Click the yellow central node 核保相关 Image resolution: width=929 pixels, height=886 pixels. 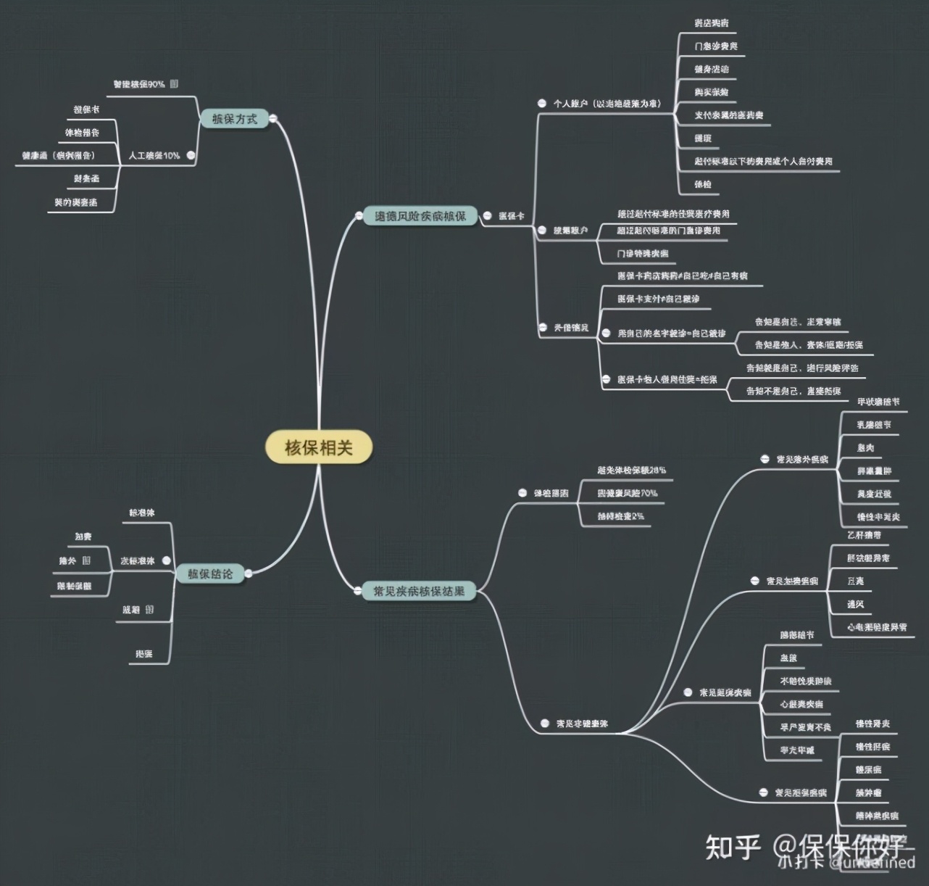[x=319, y=448]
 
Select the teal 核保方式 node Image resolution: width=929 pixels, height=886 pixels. [x=233, y=119]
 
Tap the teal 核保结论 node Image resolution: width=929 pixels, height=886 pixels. [x=210, y=574]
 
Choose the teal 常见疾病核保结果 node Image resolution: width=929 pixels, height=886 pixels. [x=418, y=591]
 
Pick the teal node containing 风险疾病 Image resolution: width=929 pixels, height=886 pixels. [x=420, y=216]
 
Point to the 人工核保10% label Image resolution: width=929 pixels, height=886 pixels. [x=154, y=155]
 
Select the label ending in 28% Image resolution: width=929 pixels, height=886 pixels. [x=631, y=470]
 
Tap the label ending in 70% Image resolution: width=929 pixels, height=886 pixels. [x=628, y=493]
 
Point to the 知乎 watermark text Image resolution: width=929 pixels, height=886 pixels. [x=733, y=847]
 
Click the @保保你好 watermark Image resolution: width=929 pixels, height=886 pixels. [x=841, y=847]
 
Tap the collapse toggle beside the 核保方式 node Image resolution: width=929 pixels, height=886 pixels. [x=273, y=118]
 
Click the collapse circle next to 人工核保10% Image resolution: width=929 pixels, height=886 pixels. [x=191, y=154]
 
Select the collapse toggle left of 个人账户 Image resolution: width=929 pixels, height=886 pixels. [x=541, y=104]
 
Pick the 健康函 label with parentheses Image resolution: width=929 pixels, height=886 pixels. [x=59, y=154]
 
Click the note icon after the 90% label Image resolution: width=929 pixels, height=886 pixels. [x=174, y=84]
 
